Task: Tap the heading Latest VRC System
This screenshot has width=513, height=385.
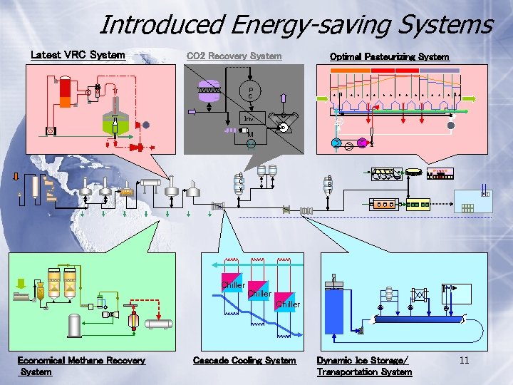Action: click(x=78, y=55)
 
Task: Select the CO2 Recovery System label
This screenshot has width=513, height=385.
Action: click(x=234, y=56)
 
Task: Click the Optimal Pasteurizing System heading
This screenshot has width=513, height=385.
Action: click(x=389, y=56)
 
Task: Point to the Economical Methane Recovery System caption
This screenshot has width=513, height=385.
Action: click(x=81, y=365)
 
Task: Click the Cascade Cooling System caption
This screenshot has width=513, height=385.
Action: click(x=244, y=361)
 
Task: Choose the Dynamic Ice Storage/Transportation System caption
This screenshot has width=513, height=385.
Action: click(x=364, y=366)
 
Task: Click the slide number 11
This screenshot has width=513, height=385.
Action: click(x=464, y=360)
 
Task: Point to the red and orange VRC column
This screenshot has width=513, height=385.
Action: click(x=66, y=88)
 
